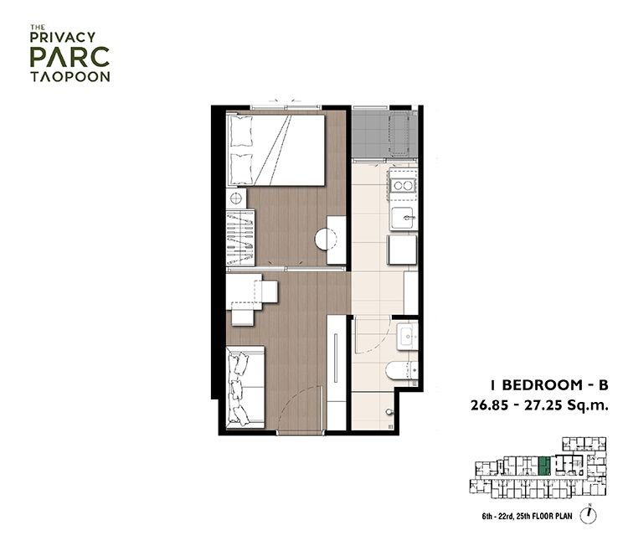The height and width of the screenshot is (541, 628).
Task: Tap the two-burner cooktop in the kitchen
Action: pyautogui.click(x=403, y=186)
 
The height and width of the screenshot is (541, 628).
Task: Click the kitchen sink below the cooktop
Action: pyautogui.click(x=403, y=218)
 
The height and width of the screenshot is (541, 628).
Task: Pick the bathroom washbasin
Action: pyautogui.click(x=407, y=335)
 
